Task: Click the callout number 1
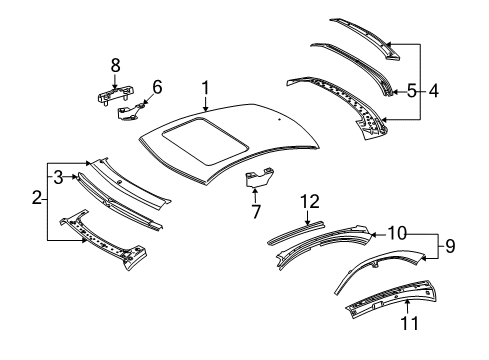click(206, 88)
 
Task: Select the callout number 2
click(37, 197)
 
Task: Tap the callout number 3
click(58, 177)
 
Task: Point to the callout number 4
click(433, 91)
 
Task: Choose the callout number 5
click(412, 91)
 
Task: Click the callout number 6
click(157, 87)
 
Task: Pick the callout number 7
click(256, 211)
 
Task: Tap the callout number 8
click(115, 66)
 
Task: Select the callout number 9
click(450, 246)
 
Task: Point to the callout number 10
click(397, 233)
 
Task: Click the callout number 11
click(409, 323)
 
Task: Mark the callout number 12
click(310, 202)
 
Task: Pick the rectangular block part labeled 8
click(115, 94)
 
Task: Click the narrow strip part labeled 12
click(296, 231)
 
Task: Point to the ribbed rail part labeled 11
click(392, 298)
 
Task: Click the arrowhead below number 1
click(206, 108)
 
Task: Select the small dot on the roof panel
click(279, 119)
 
